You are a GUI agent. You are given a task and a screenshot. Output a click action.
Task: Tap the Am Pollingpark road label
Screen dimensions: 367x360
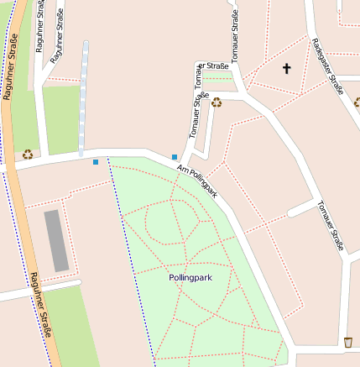[x=198, y=181]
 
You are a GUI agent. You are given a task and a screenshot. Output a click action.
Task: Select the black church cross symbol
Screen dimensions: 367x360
[x=286, y=68]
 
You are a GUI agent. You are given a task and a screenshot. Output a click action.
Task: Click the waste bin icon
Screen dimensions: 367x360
[x=347, y=342]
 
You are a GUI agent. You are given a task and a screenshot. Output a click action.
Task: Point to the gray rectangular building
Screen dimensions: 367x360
[x=56, y=241]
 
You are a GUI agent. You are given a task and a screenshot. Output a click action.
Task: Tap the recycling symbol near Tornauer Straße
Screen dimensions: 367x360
[x=217, y=102]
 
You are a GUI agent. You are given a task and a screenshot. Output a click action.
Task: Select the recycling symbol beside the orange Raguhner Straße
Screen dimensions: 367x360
[x=28, y=154]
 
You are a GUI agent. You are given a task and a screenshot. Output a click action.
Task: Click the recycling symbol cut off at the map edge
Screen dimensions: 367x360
[x=357, y=102]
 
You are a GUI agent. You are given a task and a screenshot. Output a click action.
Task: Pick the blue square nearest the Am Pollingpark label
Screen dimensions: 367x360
[x=175, y=157]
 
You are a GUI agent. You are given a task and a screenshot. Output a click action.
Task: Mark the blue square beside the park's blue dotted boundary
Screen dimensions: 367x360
[x=96, y=161]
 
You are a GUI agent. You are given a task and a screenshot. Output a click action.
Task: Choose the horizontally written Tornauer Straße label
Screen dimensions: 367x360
[x=213, y=66]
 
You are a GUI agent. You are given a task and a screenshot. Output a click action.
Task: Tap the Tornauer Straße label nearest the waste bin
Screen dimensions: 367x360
[x=331, y=225]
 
